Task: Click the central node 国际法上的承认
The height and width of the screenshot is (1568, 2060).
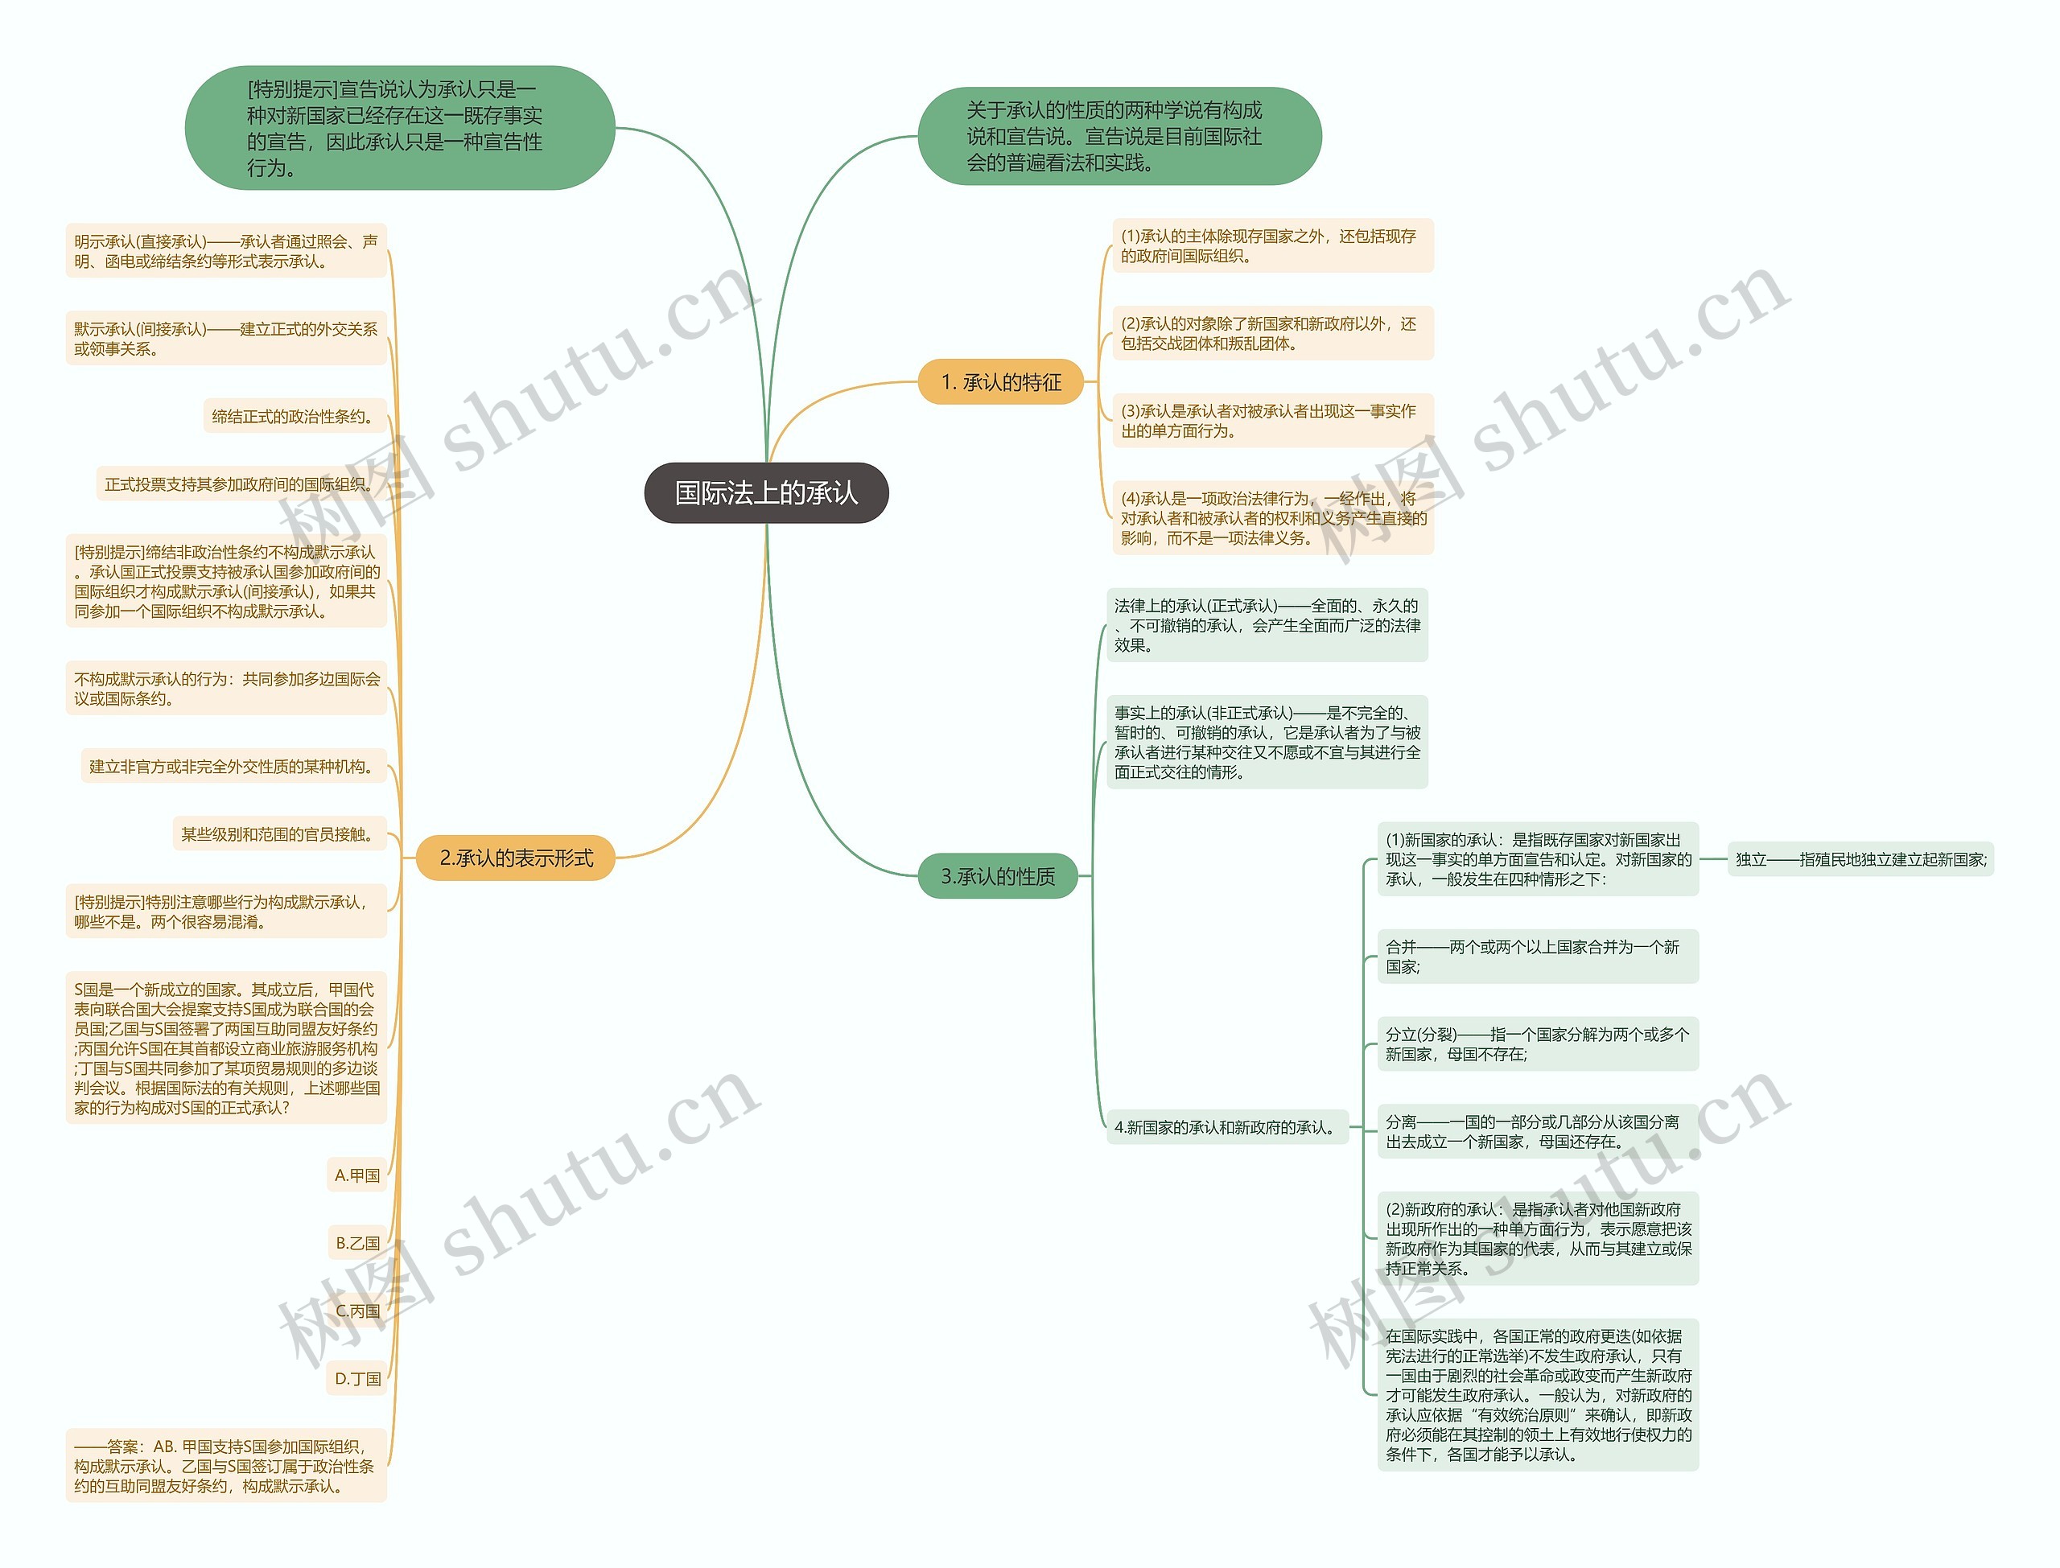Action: [765, 493]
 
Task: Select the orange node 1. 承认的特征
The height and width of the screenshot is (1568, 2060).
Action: [999, 381]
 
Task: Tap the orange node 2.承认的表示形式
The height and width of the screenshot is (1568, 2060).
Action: [515, 858]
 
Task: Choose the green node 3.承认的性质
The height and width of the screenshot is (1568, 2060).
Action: [997, 875]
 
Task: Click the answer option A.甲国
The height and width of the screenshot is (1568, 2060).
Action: [357, 1175]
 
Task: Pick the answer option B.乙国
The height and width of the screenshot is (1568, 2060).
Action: [357, 1242]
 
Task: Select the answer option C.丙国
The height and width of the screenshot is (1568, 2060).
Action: [357, 1311]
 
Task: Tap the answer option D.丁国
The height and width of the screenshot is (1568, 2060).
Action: [357, 1377]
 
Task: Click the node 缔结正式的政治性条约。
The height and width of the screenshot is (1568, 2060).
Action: [294, 416]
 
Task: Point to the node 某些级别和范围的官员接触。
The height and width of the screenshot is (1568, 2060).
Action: [279, 833]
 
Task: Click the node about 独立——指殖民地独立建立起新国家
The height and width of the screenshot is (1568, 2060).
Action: [1860, 858]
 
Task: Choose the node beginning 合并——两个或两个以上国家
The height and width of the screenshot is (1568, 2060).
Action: [1536, 956]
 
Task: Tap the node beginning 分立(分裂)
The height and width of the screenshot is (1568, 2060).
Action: [1536, 1043]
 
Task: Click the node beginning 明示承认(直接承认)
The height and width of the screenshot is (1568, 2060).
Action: [226, 251]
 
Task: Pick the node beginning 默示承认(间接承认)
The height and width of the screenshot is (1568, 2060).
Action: [226, 338]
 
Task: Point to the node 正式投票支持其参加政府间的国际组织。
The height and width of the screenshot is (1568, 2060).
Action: [241, 484]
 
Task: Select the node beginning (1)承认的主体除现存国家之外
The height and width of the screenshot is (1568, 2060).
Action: [1271, 245]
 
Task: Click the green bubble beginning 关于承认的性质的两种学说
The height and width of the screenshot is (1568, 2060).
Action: [1119, 136]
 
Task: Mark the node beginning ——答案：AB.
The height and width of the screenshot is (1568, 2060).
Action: [226, 1465]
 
